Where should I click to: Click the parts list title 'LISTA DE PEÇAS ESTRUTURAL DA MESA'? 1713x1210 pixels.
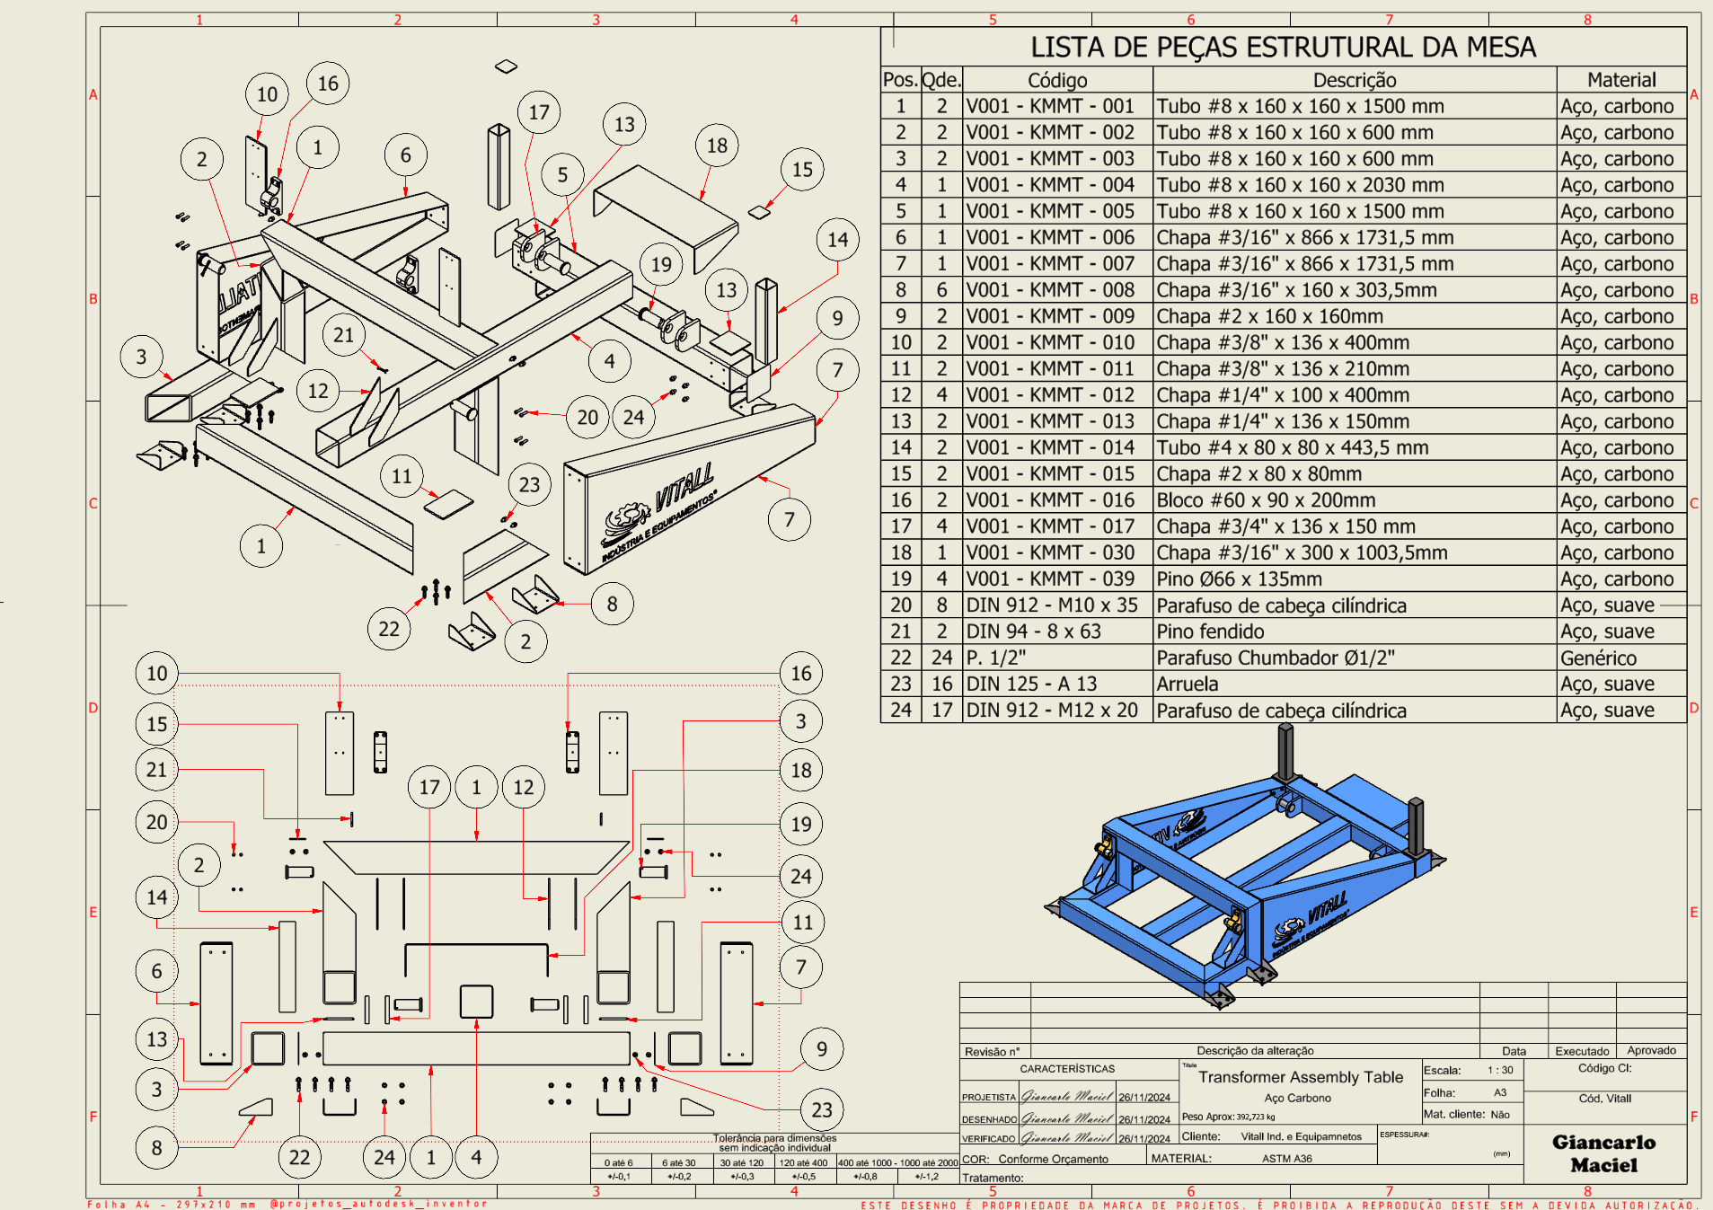[1283, 47]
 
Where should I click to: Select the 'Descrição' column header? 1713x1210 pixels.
[1354, 80]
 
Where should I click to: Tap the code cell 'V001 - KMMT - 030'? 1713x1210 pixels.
[1050, 552]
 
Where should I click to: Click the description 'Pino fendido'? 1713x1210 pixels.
[1210, 631]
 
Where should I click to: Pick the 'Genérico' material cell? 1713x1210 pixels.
[1598, 658]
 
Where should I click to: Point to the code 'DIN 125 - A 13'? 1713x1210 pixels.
[1031, 684]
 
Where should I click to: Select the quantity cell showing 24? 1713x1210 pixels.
[941, 658]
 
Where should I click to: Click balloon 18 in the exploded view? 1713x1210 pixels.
[717, 146]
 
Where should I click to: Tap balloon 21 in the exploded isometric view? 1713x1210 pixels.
[343, 335]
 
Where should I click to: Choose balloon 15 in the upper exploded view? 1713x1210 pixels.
[802, 170]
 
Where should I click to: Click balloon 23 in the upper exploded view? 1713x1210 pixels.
[529, 485]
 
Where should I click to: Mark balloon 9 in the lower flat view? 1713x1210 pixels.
[821, 1049]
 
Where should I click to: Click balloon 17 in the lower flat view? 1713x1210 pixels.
[429, 788]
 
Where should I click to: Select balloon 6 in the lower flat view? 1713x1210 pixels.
[157, 971]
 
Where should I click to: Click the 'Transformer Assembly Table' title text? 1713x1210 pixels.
[1300, 1077]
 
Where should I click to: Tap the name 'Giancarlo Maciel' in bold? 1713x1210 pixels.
[1603, 1153]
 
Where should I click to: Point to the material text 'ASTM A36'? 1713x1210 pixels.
[1286, 1159]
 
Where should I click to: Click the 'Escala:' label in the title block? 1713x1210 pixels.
[1442, 1070]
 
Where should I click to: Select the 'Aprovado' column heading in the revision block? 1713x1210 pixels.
[1651, 1050]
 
